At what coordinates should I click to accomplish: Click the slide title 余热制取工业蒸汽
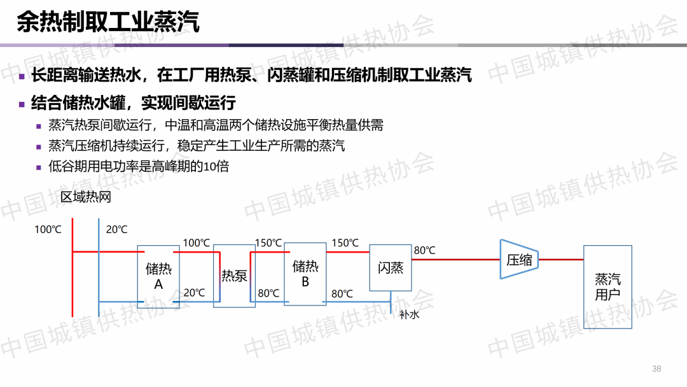click(108, 22)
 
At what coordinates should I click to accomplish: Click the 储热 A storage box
click(158, 276)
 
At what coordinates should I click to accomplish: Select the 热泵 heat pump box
click(234, 276)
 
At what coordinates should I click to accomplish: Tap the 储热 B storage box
click(305, 274)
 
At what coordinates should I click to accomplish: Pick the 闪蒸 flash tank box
click(391, 267)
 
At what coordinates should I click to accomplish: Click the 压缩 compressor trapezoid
click(519, 260)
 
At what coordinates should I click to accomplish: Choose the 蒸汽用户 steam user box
click(607, 286)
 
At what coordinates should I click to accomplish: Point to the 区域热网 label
click(86, 197)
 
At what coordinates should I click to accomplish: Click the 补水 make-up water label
click(409, 314)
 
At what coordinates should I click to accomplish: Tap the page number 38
click(657, 369)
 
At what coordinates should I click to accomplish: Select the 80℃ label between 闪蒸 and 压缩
click(424, 251)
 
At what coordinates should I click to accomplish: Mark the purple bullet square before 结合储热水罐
click(22, 104)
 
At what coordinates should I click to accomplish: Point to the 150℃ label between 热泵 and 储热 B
click(268, 243)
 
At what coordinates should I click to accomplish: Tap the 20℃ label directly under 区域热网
click(116, 230)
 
